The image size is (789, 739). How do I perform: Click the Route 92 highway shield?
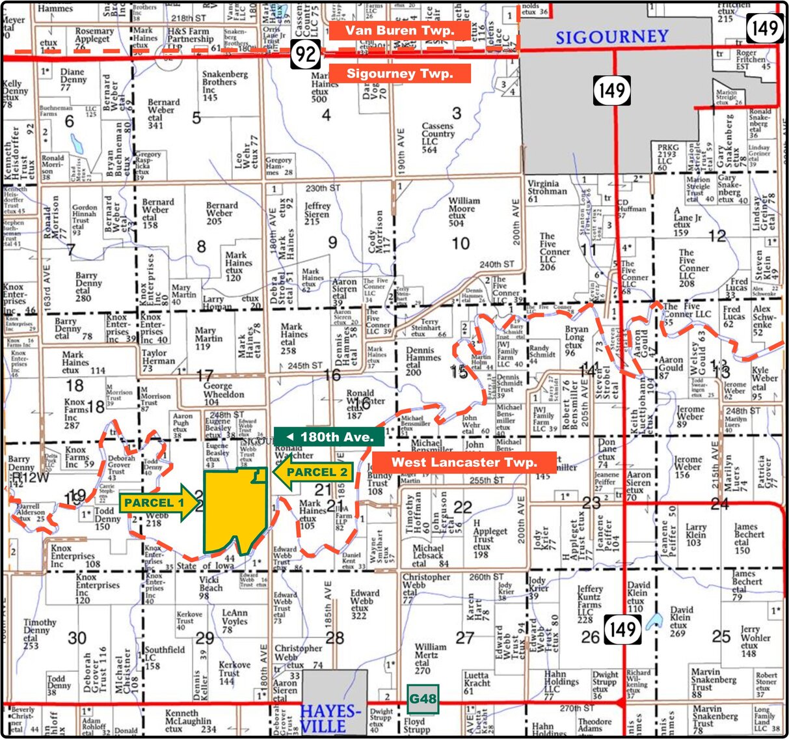point(304,54)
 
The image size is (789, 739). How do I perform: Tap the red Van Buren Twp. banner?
point(399,31)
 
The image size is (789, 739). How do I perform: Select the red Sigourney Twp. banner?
point(399,74)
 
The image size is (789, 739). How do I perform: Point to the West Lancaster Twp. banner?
point(464,462)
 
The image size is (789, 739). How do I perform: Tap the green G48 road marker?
point(423,700)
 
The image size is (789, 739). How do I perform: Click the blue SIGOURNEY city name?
point(611,36)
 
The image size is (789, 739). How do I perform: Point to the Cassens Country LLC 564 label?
point(438,137)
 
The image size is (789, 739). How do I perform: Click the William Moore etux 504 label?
point(464,212)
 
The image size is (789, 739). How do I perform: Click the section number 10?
point(461,244)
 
